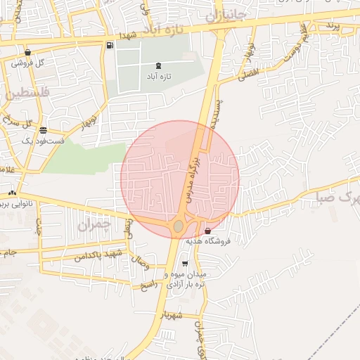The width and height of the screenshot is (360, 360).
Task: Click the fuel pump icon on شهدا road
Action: tap(110, 46)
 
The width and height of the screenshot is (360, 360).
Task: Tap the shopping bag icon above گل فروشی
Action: tap(27, 53)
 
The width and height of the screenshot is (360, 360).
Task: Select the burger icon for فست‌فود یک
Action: tap(44, 130)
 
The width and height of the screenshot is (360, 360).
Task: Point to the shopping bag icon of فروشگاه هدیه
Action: tap(207, 231)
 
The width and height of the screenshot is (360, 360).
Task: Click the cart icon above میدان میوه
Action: tap(185, 264)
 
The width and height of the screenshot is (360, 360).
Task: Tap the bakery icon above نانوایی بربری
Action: tap(12, 193)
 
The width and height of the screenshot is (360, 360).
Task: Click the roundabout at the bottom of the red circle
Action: tap(179, 226)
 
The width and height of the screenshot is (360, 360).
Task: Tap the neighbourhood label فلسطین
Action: tap(26, 93)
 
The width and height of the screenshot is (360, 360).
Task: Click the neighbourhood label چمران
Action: tap(95, 226)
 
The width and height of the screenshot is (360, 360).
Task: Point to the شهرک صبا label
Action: tap(347, 200)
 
